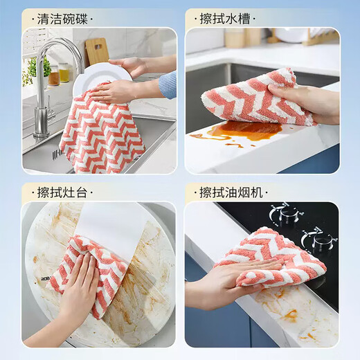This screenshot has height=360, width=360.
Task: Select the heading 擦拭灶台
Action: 65,191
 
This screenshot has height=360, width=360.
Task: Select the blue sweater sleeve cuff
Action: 168,84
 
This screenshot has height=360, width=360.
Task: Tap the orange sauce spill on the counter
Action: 239,131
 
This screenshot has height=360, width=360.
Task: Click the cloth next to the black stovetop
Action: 270,256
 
